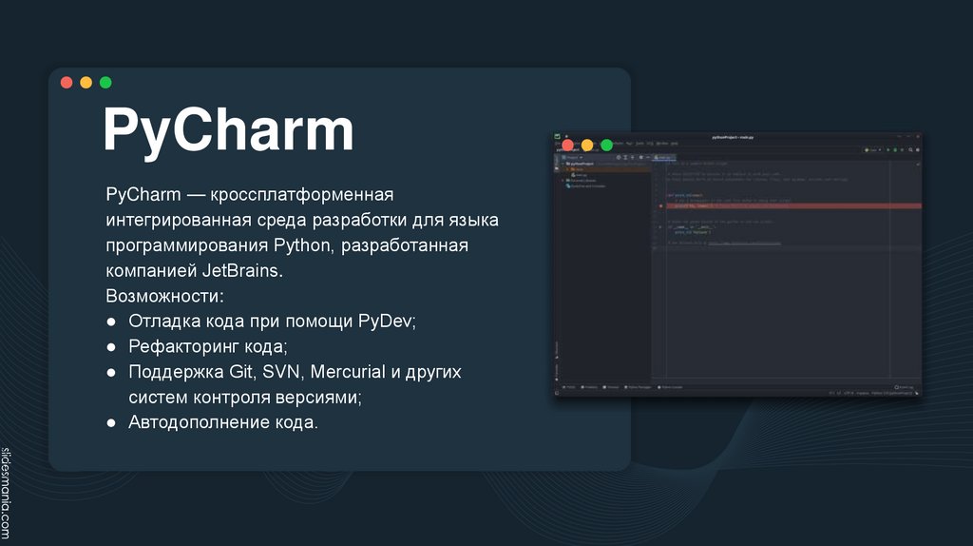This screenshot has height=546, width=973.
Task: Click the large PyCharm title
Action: pyautogui.click(x=228, y=130)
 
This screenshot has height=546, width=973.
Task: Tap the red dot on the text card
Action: pyautogui.click(x=67, y=83)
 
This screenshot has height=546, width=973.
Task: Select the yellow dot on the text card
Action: pyautogui.click(x=86, y=83)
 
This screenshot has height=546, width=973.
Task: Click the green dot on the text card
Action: pyautogui.click(x=105, y=83)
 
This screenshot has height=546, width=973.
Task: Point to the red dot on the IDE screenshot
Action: pyautogui.click(x=567, y=146)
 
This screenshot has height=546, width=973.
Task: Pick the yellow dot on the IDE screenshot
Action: pyautogui.click(x=587, y=146)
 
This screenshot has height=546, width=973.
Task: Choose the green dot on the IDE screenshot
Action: pyautogui.click(x=606, y=146)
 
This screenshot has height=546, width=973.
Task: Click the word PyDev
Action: pyautogui.click(x=387, y=322)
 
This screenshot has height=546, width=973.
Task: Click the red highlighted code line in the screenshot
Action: pyautogui.click(x=789, y=205)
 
